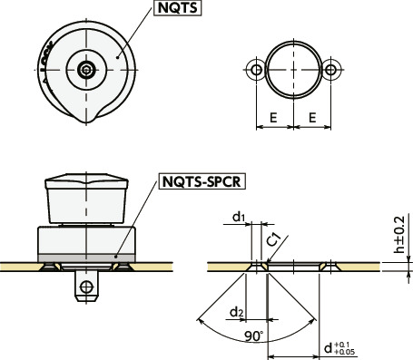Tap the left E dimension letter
coord(273,118)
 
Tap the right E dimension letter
coord(314,118)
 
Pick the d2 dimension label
coord(237,312)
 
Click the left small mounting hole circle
coord(258,70)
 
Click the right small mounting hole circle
coord(332,70)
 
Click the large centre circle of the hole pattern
coord(295,70)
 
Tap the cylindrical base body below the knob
coord(87,240)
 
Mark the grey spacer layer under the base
coord(87,258)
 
